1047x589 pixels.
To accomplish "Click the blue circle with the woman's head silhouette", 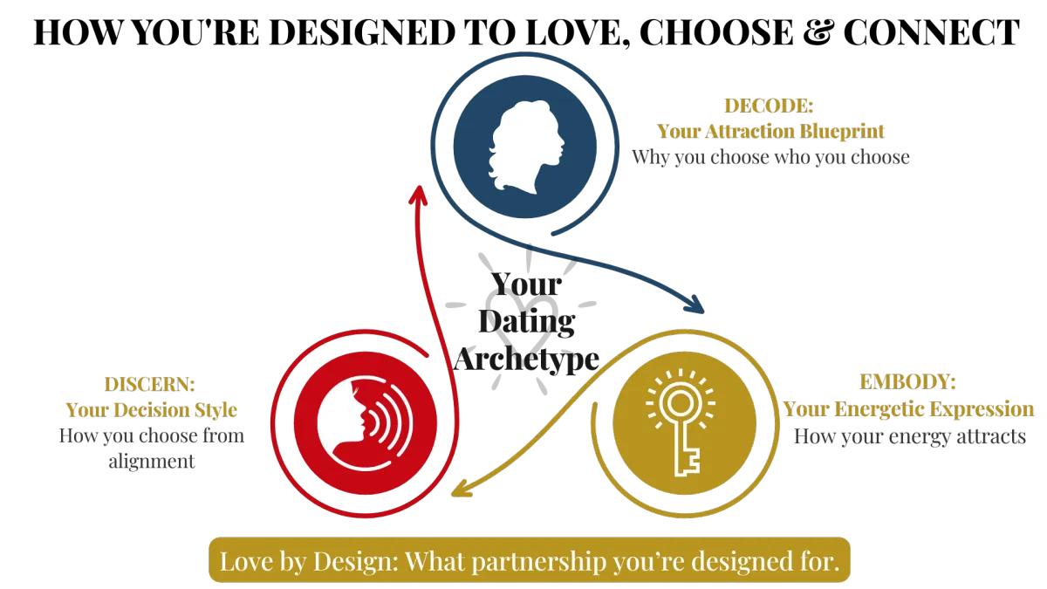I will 525,146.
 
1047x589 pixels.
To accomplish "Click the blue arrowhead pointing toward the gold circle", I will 695,305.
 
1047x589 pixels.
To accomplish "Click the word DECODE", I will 769,106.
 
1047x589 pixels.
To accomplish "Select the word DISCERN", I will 149,385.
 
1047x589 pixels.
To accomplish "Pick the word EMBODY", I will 907,383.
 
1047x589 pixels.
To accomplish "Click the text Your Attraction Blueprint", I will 770,132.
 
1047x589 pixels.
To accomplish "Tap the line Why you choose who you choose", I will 770,158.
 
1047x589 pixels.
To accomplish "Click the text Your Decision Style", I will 151,410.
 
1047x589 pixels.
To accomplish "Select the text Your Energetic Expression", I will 907,409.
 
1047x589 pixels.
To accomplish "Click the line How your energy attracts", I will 910,435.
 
